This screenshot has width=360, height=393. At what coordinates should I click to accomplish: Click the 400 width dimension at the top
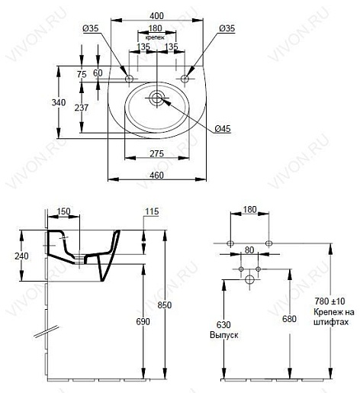156,16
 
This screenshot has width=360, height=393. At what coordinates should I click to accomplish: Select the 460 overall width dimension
156,176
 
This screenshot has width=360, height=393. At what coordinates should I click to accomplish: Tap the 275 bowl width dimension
156,153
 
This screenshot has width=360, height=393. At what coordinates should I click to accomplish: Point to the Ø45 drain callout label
223,129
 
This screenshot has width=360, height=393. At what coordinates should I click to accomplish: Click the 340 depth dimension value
59,102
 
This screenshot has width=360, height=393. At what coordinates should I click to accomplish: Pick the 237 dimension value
82,108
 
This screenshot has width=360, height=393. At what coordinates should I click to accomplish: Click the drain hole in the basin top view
156,98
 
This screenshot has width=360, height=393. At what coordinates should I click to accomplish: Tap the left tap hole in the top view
129,79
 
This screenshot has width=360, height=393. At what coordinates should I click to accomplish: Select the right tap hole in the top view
185,79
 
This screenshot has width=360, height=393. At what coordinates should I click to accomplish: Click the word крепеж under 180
155,37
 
